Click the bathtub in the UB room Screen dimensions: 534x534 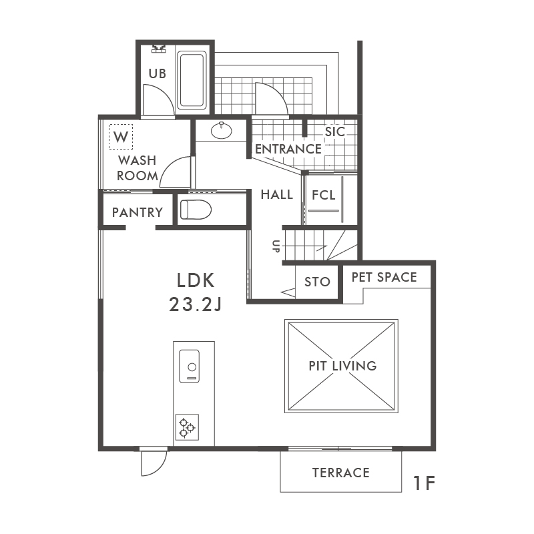click(192, 80)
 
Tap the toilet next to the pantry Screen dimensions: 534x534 click(196, 210)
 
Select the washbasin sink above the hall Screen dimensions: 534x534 click(222, 130)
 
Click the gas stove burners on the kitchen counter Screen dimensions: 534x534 click(187, 427)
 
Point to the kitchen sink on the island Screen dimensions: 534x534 click(190, 366)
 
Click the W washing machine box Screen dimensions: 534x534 click(121, 137)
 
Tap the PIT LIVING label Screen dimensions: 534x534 click(342, 366)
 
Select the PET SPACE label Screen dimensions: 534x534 click(384, 277)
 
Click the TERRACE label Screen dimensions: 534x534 click(341, 473)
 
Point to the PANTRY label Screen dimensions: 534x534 click(138, 212)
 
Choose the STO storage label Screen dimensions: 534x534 click(318, 282)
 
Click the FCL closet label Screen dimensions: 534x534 click(324, 195)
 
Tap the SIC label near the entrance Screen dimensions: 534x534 click(335, 131)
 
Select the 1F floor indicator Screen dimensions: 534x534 click(425, 483)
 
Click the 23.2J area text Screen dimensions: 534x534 click(196, 304)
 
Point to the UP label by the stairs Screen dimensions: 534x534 click(276, 246)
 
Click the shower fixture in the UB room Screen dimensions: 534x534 click(159, 48)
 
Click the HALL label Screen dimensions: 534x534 click(277, 195)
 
